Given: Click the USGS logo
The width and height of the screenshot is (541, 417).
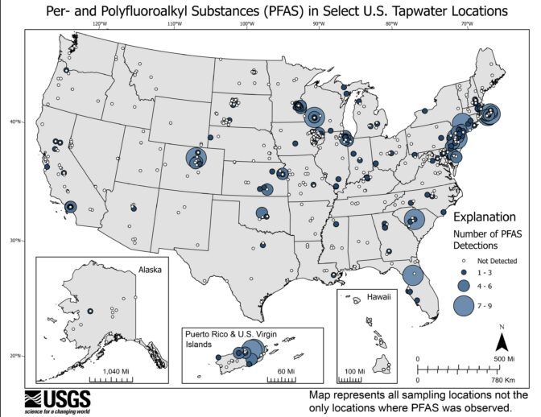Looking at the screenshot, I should pyautogui.click(x=57, y=399).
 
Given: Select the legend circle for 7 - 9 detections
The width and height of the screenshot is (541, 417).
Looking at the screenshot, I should pyautogui.click(x=463, y=306).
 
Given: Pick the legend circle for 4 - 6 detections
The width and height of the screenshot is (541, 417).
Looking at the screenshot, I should pyautogui.click(x=463, y=286).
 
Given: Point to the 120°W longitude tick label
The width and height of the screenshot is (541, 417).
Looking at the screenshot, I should pyautogui.click(x=101, y=24).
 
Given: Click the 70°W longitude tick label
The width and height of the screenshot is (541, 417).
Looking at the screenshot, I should pyautogui.click(x=466, y=24).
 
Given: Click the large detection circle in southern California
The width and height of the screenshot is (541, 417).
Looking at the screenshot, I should pyautogui.click(x=71, y=207).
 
